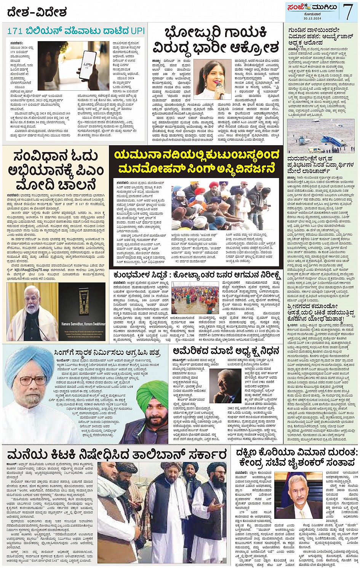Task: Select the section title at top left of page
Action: (37, 12)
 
